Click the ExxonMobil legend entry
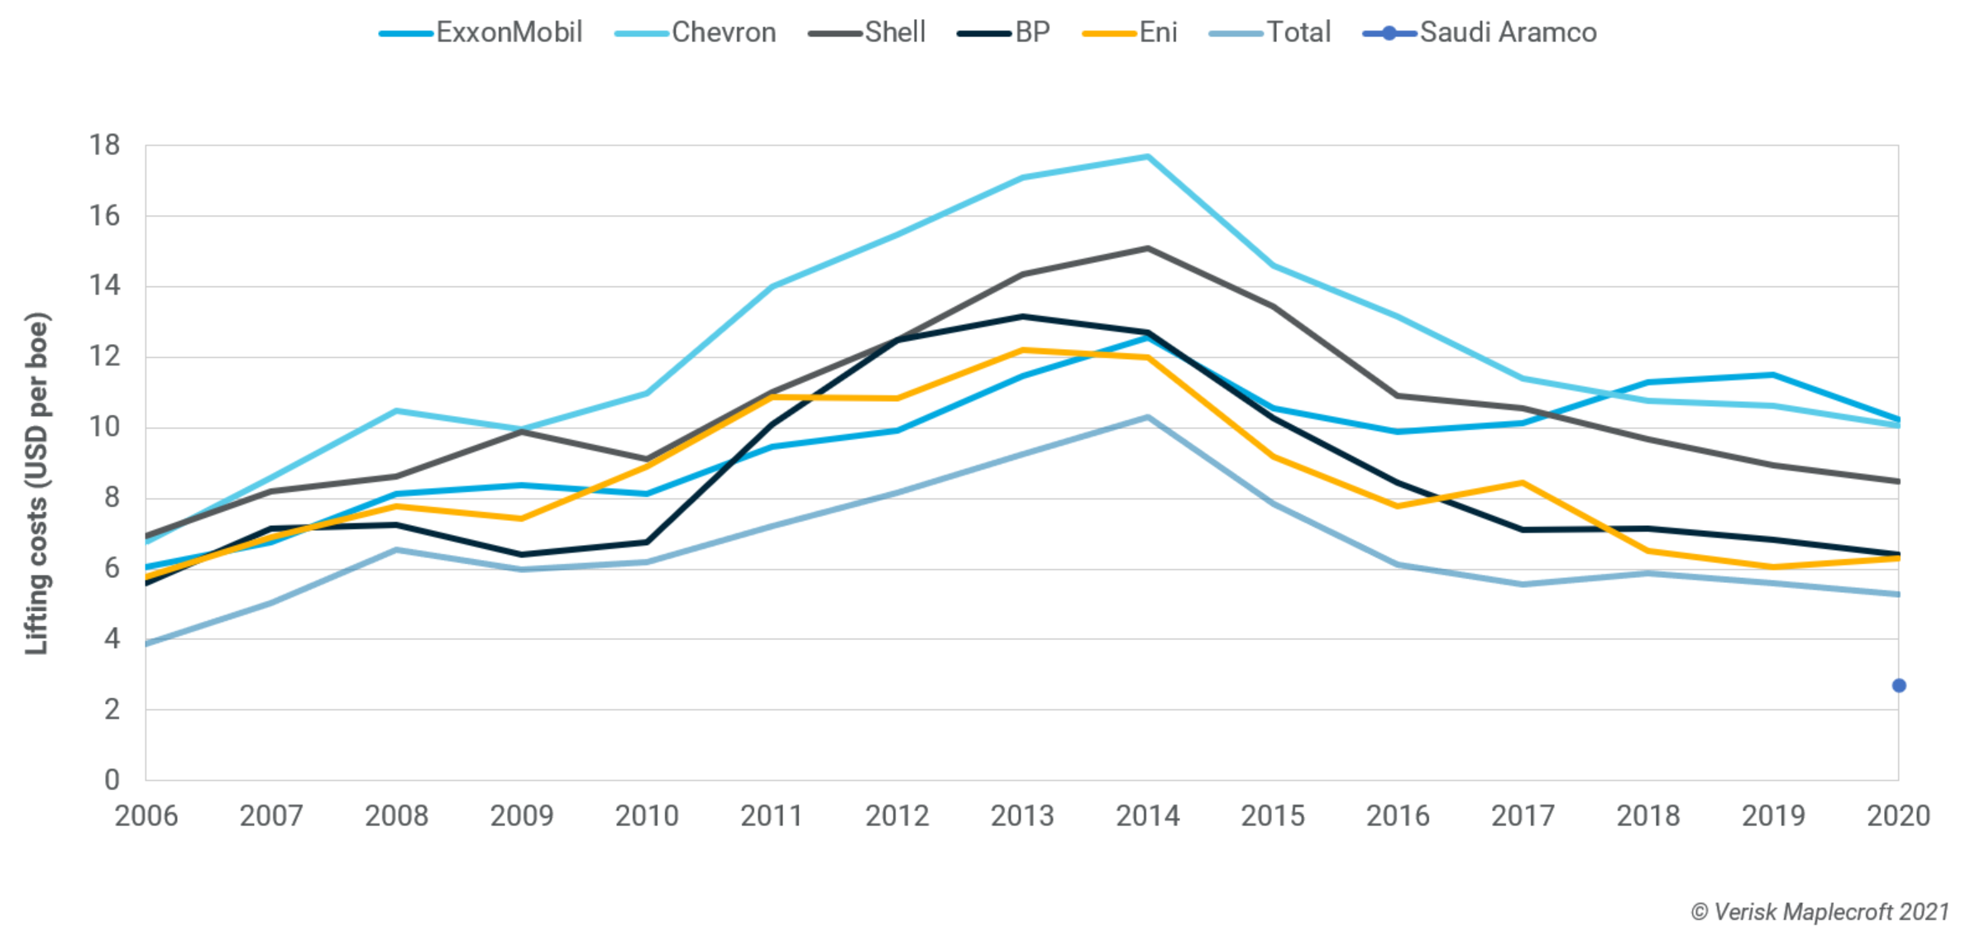[482, 32]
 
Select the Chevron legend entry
[696, 32]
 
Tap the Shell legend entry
[868, 32]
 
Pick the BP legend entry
[1004, 32]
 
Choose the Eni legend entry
[1131, 32]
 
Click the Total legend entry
[1270, 32]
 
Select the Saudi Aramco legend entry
[1480, 32]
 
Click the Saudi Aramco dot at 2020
[1899, 686]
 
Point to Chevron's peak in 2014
[1148, 156]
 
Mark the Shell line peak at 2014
[1148, 248]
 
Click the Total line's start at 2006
[147, 643]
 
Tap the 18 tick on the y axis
[105, 146]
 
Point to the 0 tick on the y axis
[112, 780]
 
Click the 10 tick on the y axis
[105, 428]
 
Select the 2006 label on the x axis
[146, 816]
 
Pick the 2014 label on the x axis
[1148, 816]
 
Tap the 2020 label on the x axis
[1898, 816]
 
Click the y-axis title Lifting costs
[37, 484]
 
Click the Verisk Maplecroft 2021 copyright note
[1819, 912]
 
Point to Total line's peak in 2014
[1148, 418]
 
